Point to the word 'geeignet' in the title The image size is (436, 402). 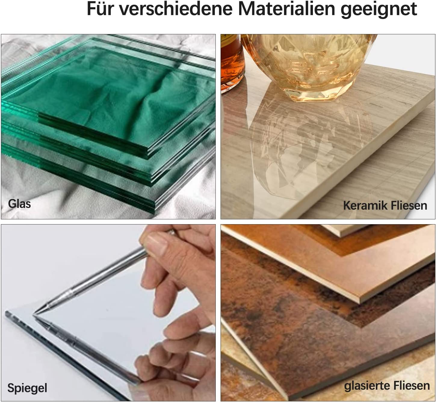pos(379,10)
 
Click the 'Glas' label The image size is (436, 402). pos(19,204)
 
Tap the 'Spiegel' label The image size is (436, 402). pos(27,388)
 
